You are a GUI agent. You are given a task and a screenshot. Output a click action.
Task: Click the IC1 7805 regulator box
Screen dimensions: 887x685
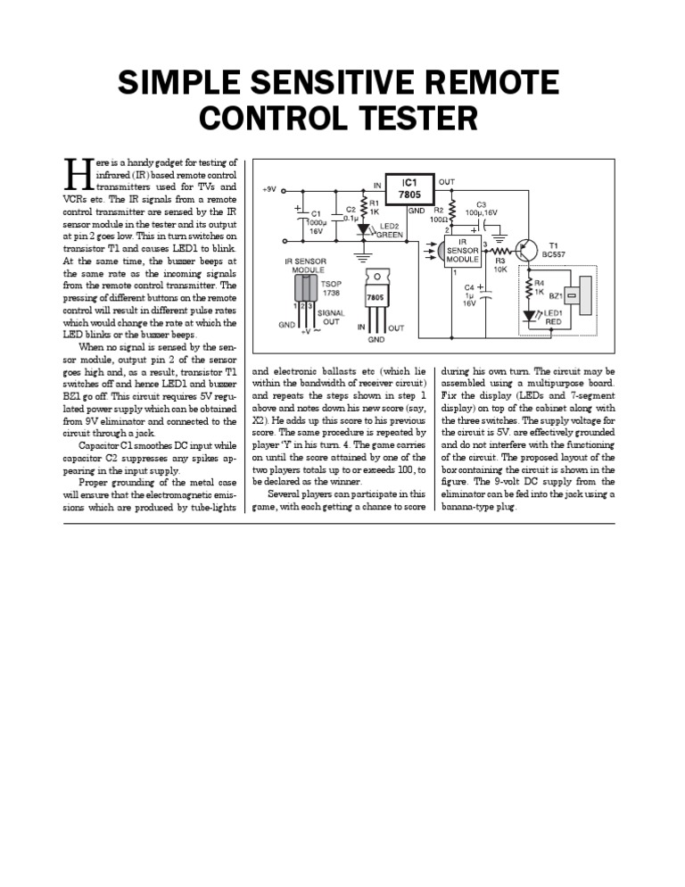[408, 188]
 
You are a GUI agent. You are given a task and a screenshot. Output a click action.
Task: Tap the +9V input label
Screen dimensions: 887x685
[269, 189]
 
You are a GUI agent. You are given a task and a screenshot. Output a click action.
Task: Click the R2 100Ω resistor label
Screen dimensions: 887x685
[439, 214]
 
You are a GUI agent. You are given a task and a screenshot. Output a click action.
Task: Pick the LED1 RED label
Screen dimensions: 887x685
[554, 318]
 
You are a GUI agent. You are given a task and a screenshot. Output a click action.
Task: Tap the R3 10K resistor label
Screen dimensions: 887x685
[499, 264]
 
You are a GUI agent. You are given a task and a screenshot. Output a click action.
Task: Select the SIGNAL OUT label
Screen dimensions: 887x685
[331, 317]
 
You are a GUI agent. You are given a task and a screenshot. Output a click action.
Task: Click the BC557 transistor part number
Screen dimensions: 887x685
[560, 253]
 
